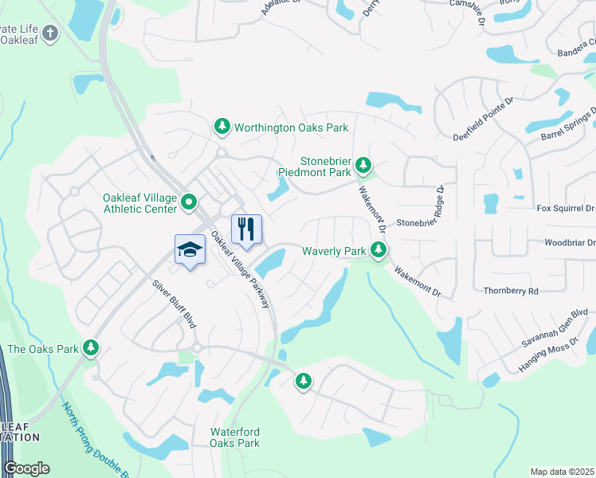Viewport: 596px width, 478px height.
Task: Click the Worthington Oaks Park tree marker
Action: pyautogui.click(x=222, y=127)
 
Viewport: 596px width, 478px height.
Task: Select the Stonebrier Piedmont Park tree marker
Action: pyautogui.click(x=363, y=165)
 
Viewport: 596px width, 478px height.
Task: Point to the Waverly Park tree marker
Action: pyautogui.click(x=379, y=251)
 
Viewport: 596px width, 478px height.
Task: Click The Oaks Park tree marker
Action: pyautogui.click(x=92, y=348)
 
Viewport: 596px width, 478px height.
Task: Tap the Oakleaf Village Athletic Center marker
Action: pyautogui.click(x=189, y=202)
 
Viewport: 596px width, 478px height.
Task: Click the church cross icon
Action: pyautogui.click(x=50, y=33)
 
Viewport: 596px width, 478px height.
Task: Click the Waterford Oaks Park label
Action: pyautogui.click(x=235, y=437)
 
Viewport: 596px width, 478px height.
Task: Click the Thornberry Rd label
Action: pyautogui.click(x=511, y=291)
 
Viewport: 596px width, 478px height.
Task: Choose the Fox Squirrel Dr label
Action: pyautogui.click(x=565, y=209)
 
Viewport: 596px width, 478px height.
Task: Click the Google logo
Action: pyautogui.click(x=26, y=468)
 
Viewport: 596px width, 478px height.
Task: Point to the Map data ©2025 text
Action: pyautogui.click(x=562, y=472)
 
